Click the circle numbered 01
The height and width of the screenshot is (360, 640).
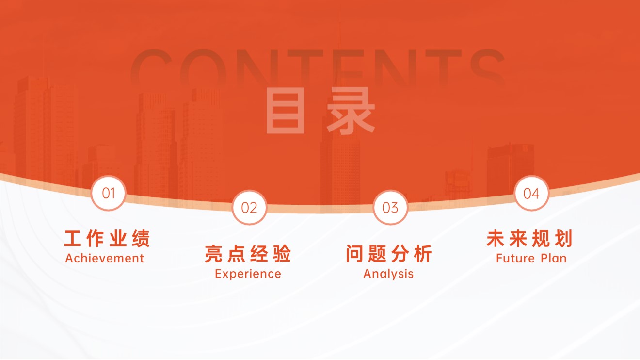click(x=108, y=193)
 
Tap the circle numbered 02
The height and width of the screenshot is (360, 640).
click(x=249, y=208)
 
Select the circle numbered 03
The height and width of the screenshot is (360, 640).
click(x=390, y=208)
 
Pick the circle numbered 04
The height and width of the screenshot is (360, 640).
click(x=531, y=193)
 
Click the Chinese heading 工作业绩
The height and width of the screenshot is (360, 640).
click(x=107, y=239)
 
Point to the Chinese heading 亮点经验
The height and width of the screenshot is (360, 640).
click(x=248, y=254)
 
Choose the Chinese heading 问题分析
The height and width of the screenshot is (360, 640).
click(x=389, y=254)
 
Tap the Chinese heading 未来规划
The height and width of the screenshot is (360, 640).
click(x=530, y=239)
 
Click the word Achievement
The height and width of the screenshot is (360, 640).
click(x=105, y=259)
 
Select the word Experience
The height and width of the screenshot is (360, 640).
click(x=248, y=274)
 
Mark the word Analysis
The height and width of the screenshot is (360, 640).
click(x=388, y=274)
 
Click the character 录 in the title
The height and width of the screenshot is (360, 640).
click(x=351, y=111)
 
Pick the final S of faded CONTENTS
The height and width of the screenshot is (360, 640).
click(x=488, y=68)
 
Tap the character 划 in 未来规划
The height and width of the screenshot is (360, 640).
click(x=564, y=239)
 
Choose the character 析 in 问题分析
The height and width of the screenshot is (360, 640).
click(x=423, y=254)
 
